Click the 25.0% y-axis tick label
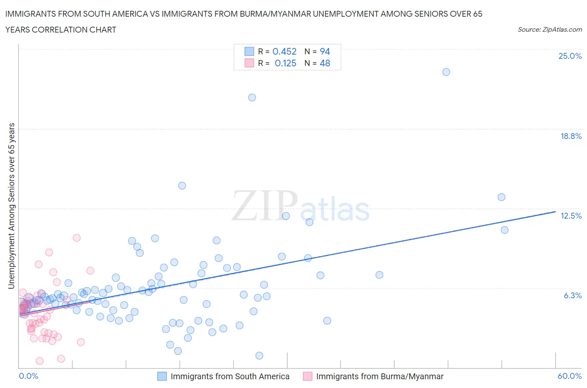570,56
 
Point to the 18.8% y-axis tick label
571,136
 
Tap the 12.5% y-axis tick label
571,216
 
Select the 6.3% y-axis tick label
572,295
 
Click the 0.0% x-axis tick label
28,376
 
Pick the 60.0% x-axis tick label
569,376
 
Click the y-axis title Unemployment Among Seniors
11,206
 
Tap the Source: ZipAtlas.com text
549,30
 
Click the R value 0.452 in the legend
284,51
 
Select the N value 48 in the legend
324,63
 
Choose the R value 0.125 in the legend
285,63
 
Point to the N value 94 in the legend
324,51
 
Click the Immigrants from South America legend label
230,376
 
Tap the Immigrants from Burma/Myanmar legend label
380,376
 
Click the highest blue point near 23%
446,72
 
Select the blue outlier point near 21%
252,98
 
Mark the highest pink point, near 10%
76,238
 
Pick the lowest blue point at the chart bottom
259,355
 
